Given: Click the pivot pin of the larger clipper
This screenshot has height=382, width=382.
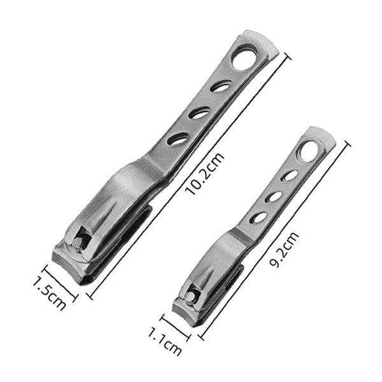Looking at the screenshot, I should (x=80, y=241).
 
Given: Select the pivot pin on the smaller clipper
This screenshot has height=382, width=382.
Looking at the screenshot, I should (x=191, y=295).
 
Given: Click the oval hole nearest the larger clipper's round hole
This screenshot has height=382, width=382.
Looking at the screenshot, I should (x=221, y=86).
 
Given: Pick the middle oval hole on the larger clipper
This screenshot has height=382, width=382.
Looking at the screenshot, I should (x=200, y=113).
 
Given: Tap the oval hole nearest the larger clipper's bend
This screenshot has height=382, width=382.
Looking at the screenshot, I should (x=179, y=138).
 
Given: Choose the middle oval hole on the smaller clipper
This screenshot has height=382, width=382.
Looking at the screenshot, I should (x=274, y=197).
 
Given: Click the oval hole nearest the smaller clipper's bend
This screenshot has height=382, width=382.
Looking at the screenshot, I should (x=258, y=217).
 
